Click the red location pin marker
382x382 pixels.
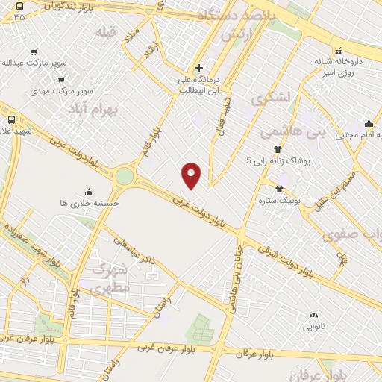(192, 175)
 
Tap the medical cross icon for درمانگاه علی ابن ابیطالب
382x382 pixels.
(198, 68)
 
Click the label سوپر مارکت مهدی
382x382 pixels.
(60, 90)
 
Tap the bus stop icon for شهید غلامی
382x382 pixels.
(11, 119)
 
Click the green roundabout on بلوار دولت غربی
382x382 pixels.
(124, 177)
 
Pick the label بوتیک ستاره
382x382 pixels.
(279, 201)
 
